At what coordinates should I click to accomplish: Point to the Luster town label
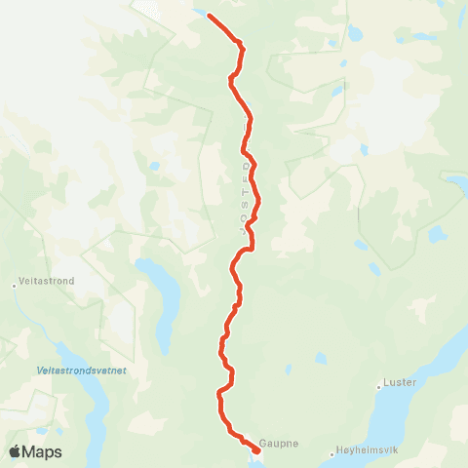[401, 382]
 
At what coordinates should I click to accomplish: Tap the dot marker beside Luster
[379, 388]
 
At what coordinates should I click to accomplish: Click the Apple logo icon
[17, 451]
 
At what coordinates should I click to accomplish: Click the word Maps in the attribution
[43, 451]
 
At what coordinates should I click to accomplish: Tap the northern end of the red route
[209, 15]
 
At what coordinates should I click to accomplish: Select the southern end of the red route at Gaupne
[256, 449]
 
